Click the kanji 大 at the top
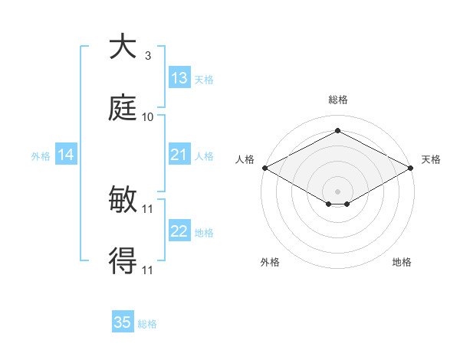pyautogui.click(x=123, y=47)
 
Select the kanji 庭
pyautogui.click(x=123, y=108)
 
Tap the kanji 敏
pyautogui.click(x=123, y=201)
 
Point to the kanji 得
pyautogui.click(x=123, y=261)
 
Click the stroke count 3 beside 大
pyautogui.click(x=148, y=56)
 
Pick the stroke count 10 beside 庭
pyautogui.click(x=148, y=116)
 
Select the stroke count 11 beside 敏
pyautogui.click(x=148, y=209)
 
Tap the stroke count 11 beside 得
pyautogui.click(x=148, y=270)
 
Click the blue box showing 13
pyautogui.click(x=179, y=78)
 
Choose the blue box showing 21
pyautogui.click(x=179, y=155)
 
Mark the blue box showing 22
pyautogui.click(x=179, y=231)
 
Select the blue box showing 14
pyautogui.click(x=66, y=155)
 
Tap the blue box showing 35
pyautogui.click(x=123, y=322)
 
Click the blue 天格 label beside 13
pyautogui.click(x=204, y=79)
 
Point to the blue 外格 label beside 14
pyautogui.click(x=41, y=156)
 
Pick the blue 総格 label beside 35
pyautogui.click(x=147, y=323)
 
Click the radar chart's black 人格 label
pyautogui.click(x=245, y=159)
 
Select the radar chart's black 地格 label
pyautogui.click(x=402, y=262)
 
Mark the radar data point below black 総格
pyautogui.click(x=337, y=131)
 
